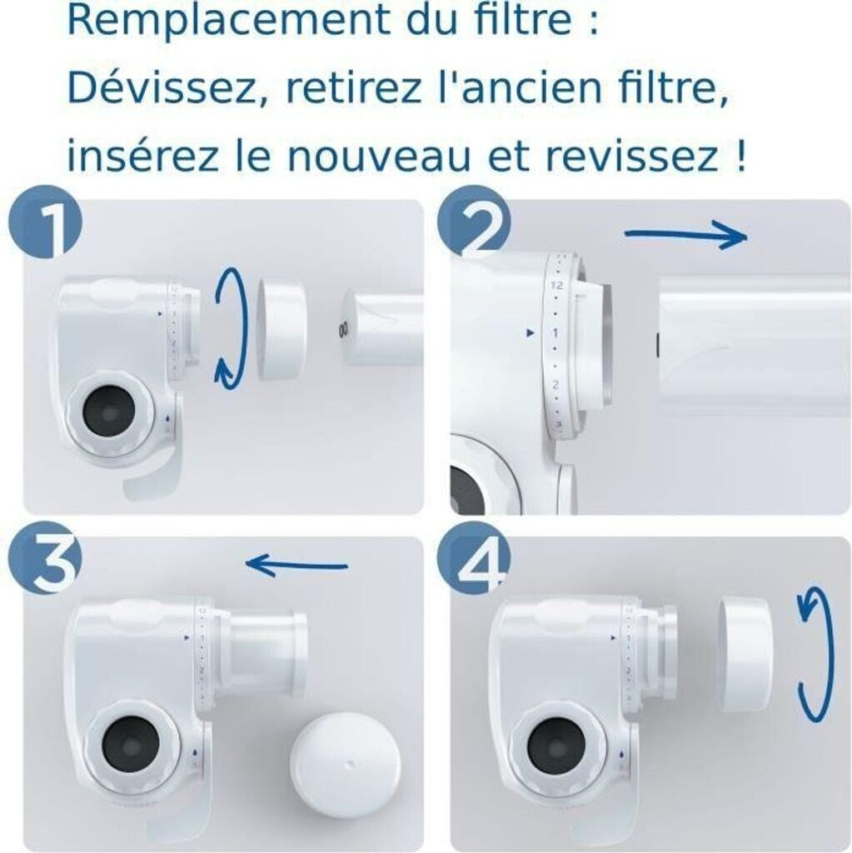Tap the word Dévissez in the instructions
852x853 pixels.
pos(161,88)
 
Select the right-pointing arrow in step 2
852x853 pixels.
pos(686,235)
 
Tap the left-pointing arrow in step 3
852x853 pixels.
pos(297,565)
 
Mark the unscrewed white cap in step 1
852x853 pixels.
pos(280,327)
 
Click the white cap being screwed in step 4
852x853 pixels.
pos(746,653)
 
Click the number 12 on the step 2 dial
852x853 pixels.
pos(556,285)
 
